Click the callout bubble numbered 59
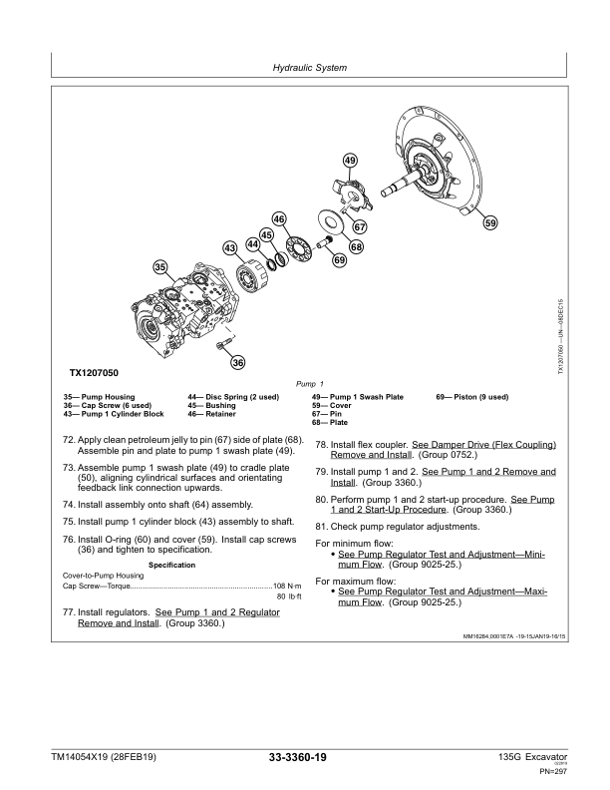point(490,224)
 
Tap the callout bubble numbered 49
point(350,161)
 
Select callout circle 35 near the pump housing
point(159,266)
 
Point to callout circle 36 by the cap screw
point(238,362)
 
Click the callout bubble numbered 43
point(230,246)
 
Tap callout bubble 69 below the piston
point(339,260)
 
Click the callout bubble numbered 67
point(359,227)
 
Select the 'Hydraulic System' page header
point(309,69)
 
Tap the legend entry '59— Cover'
point(329,405)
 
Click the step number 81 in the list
point(321,526)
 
